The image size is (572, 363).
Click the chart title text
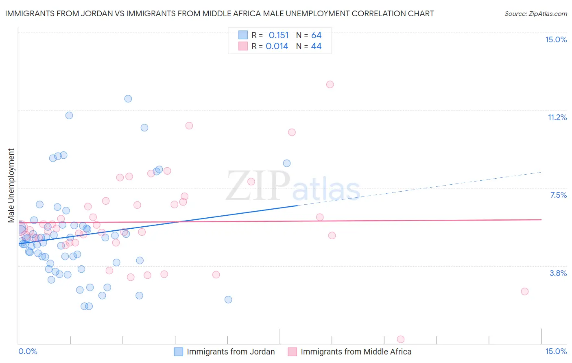219,13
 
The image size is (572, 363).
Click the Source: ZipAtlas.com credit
535,13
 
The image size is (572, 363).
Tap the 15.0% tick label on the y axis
556,39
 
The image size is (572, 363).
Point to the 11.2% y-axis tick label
557,117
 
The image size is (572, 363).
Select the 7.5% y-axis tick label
558,195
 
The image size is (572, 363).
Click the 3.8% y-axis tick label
558,273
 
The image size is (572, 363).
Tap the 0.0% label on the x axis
28,351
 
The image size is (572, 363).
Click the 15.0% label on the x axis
556,351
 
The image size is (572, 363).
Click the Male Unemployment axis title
11,185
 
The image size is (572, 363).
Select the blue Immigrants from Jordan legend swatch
179,352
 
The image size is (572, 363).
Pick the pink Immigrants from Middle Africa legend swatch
293,352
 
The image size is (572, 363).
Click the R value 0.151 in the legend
279,35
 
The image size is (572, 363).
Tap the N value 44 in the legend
316,46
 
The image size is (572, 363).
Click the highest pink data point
330,84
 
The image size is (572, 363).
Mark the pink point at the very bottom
400,339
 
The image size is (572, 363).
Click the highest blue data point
128,98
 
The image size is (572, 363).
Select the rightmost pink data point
525,291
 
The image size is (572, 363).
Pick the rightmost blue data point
287,163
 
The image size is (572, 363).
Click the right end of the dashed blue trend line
541,172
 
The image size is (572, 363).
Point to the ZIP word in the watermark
258,186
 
